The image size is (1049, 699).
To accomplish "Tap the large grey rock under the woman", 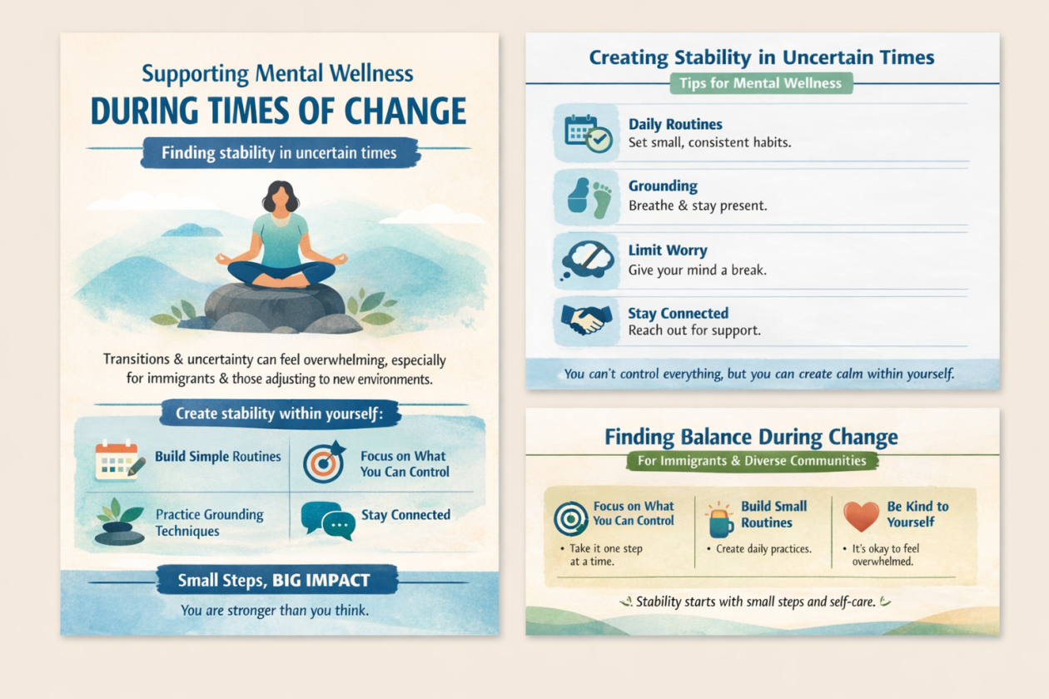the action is coord(275,305).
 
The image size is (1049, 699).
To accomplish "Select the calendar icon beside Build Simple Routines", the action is coord(119,461).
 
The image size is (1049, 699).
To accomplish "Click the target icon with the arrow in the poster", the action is coord(324,462).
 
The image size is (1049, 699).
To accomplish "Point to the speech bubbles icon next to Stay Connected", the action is coord(328,521).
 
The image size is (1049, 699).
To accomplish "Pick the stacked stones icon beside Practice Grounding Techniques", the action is coord(119,522).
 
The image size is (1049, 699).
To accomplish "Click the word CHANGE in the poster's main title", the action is coord(405,111).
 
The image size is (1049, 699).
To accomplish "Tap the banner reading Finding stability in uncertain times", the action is coord(279,152).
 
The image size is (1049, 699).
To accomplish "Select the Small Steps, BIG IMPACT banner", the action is coord(276,580).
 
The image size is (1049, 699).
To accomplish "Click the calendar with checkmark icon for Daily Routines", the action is coord(588,133).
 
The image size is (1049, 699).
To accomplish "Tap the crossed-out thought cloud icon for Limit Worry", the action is coord(587,261).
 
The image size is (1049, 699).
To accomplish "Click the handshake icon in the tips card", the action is coord(586,320).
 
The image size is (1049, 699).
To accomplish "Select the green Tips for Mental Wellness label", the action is coord(761,83).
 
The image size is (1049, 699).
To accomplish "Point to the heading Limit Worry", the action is coord(668,250).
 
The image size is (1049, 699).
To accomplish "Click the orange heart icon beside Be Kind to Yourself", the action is coord(861,516).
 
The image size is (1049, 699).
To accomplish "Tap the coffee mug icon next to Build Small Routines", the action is coord(720,520).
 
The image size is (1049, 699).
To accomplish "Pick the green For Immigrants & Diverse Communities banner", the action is coord(752,461).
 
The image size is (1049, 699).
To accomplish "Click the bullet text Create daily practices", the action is coord(763,548).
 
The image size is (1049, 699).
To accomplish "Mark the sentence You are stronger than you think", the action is coord(275,611).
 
